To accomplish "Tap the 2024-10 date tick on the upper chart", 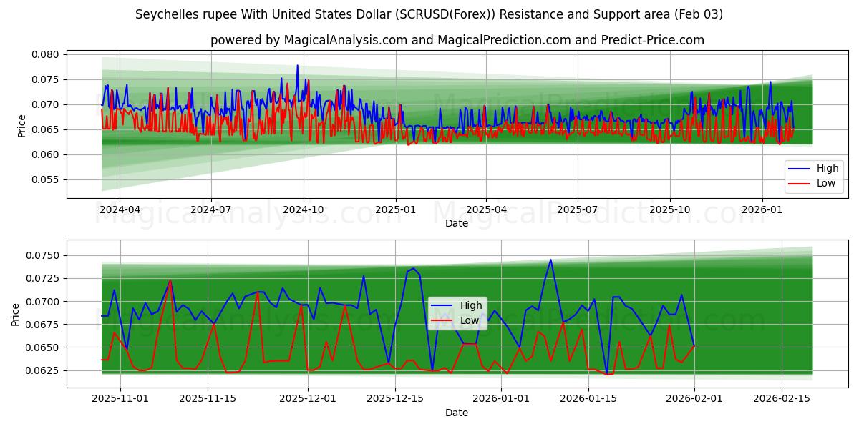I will click(303, 210).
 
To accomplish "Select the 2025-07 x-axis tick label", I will click(577, 210).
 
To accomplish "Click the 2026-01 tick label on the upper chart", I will click(762, 210).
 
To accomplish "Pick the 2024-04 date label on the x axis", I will click(119, 210).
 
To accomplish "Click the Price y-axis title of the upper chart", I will click(21, 126).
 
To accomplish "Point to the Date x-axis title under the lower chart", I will click(456, 413).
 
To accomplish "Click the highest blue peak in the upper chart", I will click(298, 66).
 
